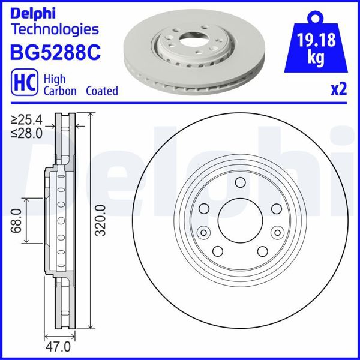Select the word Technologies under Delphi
pos(55,29)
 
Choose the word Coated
pos(101,91)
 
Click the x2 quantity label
pos(339,90)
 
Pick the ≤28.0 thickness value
pos(27,133)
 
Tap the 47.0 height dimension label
pos(59,347)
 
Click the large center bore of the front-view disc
pos(239,220)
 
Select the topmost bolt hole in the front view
pos(239,183)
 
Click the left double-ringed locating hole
pos(203,232)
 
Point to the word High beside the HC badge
pos(56,79)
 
